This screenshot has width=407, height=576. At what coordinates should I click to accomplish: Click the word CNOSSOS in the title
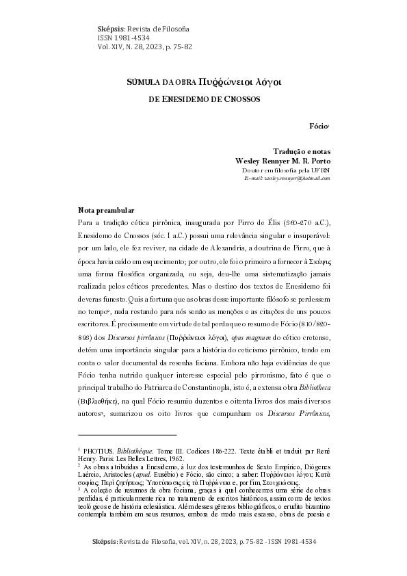click(x=239, y=99)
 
